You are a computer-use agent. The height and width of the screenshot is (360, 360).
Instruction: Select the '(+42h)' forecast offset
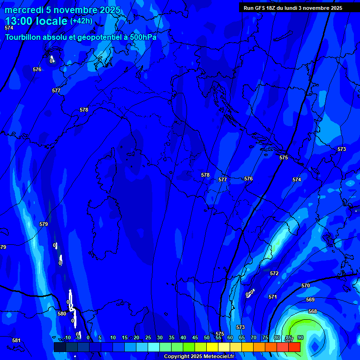click(x=81, y=21)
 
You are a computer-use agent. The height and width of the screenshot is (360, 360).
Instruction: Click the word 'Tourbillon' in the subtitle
click(x=25, y=37)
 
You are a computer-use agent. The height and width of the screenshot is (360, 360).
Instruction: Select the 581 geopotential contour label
click(x=16, y=341)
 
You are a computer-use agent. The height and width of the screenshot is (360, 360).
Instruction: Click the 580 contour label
click(x=62, y=314)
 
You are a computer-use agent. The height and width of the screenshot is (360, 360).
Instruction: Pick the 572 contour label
click(x=274, y=273)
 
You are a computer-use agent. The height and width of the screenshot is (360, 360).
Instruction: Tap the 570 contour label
click(x=306, y=285)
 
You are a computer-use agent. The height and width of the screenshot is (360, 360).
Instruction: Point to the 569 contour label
click(x=310, y=300)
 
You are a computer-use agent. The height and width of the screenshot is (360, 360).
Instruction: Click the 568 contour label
click(x=313, y=311)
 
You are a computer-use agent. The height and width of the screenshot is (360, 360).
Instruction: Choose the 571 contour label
click(x=273, y=297)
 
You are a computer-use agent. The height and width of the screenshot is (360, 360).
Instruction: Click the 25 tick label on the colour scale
click(x=148, y=337)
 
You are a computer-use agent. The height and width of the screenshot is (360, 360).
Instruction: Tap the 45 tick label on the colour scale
click(x=195, y=337)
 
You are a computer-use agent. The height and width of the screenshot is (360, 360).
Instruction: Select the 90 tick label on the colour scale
click(x=300, y=337)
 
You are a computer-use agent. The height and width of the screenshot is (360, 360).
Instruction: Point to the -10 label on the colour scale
click(x=67, y=337)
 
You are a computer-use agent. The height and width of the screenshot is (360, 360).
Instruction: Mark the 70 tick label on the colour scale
click(x=253, y=337)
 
